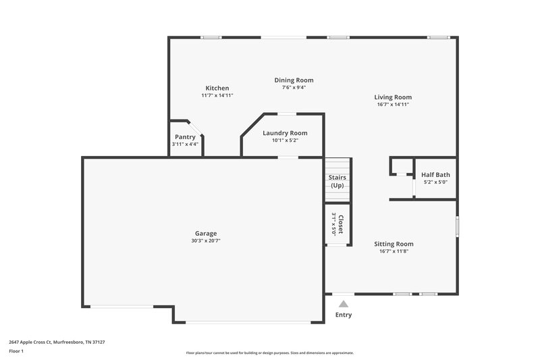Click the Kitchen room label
click(217, 88)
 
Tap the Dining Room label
click(294, 80)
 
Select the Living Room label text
click(393, 97)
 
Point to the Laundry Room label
click(285, 133)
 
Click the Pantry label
click(185, 137)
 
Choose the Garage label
click(206, 234)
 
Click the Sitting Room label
click(394, 244)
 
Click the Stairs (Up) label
click(337, 181)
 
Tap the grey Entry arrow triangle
click(344, 304)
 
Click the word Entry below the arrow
click(344, 315)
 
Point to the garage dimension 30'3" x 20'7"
click(206, 241)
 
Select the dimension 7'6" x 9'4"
click(294, 87)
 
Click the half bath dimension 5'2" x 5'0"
click(435, 182)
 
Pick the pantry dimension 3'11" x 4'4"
click(185, 144)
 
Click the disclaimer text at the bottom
click(270, 353)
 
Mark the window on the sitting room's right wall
click(457, 226)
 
